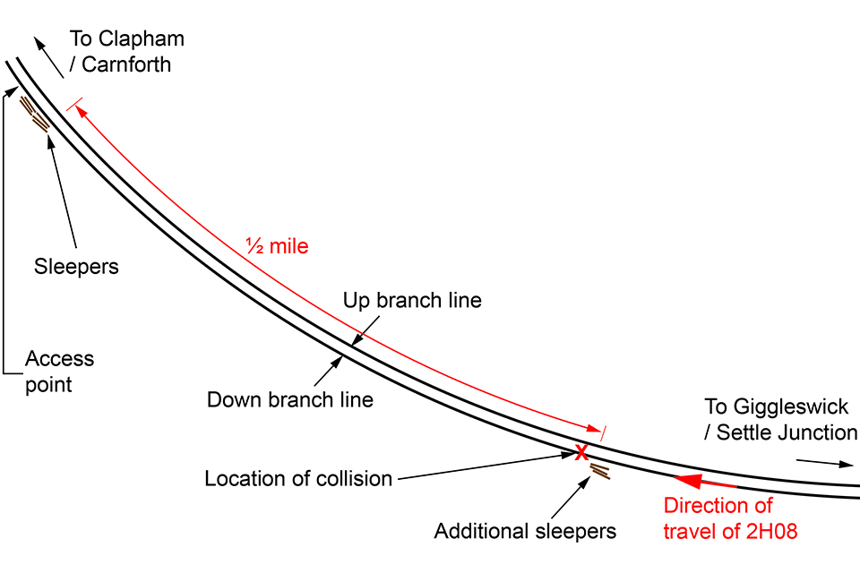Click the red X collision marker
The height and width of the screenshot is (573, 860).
[580, 451]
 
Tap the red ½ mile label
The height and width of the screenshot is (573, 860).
[277, 245]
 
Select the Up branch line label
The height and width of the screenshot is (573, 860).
[412, 301]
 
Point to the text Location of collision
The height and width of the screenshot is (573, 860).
[298, 478]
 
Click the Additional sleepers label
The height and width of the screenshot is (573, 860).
[525, 531]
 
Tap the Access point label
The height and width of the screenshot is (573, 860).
[59, 372]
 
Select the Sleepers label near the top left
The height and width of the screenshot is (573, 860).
[76, 267]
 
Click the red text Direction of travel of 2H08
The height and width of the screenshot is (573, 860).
[730, 517]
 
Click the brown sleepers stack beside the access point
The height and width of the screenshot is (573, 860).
[35, 114]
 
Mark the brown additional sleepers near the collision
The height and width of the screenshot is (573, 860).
[600, 470]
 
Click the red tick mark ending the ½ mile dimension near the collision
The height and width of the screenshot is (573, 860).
[603, 432]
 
